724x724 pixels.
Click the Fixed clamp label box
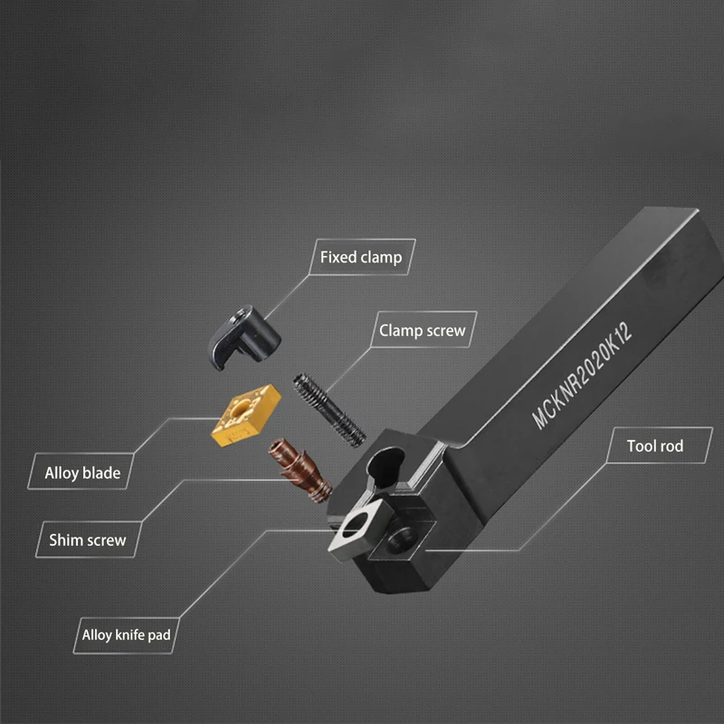[x=360, y=258]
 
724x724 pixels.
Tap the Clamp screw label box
[x=423, y=330]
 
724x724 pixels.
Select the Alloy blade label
[x=82, y=472]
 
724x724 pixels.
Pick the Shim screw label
[x=88, y=541]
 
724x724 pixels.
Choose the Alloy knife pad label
[x=126, y=634]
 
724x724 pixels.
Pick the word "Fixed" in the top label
[x=338, y=258]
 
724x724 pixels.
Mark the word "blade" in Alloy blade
[x=101, y=472]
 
